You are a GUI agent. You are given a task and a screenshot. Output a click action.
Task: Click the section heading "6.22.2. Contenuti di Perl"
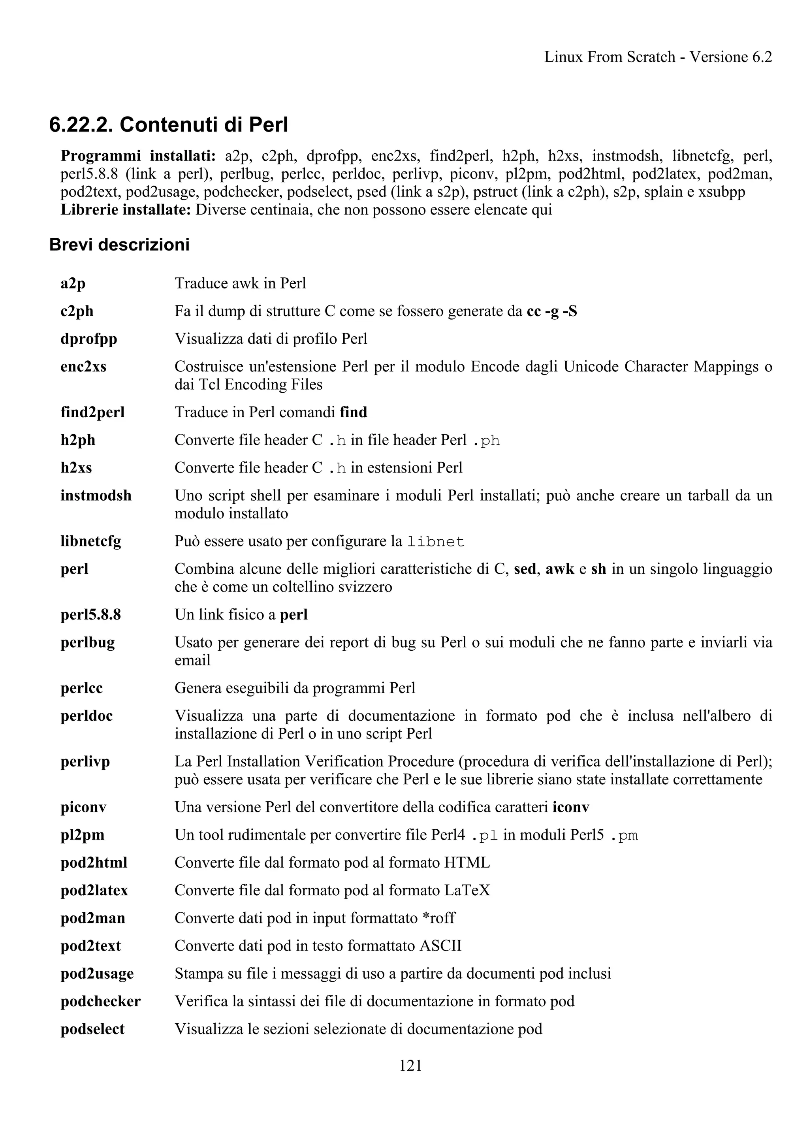(169, 125)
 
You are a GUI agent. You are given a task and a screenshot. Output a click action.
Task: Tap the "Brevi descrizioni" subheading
(119, 245)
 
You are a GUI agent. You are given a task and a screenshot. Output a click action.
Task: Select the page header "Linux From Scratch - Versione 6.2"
(658, 57)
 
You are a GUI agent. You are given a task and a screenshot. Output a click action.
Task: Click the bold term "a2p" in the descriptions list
(73, 283)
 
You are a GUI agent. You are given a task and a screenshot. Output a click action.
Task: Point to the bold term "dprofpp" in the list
(89, 339)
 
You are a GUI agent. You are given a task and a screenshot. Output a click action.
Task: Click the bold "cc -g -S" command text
(552, 311)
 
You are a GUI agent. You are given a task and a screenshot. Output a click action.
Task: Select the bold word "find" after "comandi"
(354, 412)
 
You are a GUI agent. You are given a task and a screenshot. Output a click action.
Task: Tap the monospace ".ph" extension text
(485, 441)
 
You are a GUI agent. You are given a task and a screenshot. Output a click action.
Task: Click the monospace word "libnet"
(436, 542)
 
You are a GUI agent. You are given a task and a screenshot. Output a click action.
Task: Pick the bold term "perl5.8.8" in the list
(91, 614)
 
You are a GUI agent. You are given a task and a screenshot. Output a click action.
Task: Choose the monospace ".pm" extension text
(624, 835)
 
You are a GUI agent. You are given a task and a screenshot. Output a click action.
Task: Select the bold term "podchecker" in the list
(100, 1001)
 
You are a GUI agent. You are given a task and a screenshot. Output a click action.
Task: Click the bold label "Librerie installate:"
(126, 210)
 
